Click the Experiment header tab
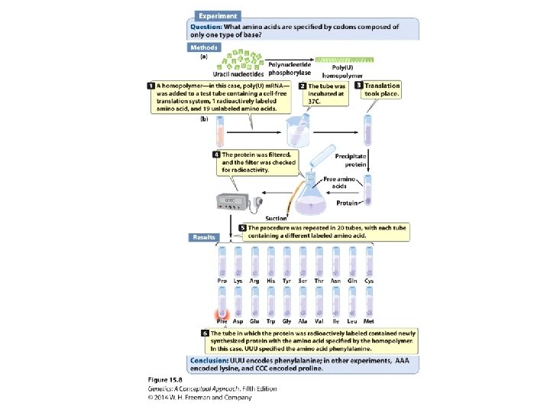[x=218, y=15]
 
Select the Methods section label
[x=204, y=47]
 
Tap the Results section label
[x=204, y=237]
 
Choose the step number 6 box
[x=205, y=333]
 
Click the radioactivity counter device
[x=234, y=201]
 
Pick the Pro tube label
[x=222, y=281]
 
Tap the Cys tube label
[x=370, y=281]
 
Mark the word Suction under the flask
[x=277, y=220]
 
